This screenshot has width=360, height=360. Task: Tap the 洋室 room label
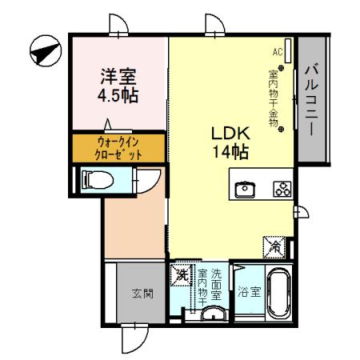tap(118, 78)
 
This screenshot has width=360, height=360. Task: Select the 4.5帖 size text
tap(118, 96)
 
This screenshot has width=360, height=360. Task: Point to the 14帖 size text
tap(231, 151)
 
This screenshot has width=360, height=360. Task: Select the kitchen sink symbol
tap(245, 190)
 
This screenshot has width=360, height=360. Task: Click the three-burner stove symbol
tap(282, 190)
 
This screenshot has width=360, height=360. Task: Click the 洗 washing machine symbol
tap(181, 275)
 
